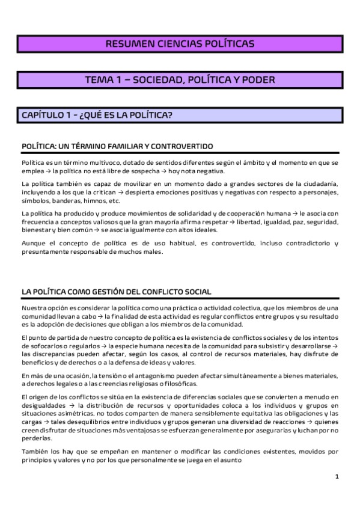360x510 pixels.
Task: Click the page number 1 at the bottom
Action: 337,476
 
